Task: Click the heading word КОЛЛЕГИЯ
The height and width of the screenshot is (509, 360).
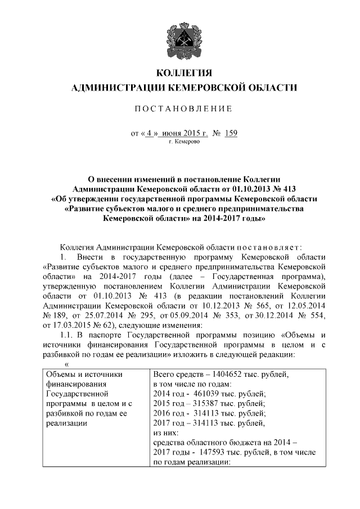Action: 180,74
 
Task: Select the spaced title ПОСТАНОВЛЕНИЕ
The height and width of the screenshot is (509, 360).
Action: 180,108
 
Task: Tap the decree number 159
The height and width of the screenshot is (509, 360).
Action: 231,133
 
